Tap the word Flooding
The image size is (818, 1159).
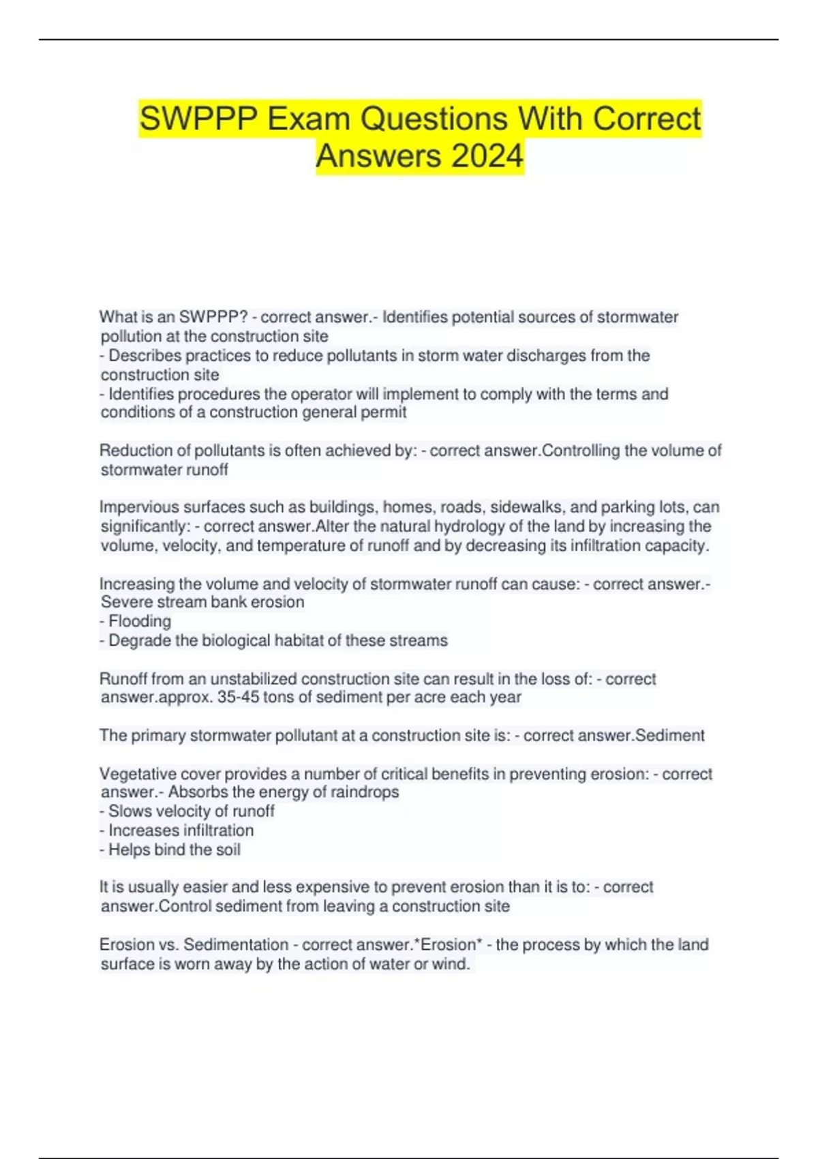click(x=140, y=621)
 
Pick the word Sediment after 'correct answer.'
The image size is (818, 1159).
click(x=669, y=736)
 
